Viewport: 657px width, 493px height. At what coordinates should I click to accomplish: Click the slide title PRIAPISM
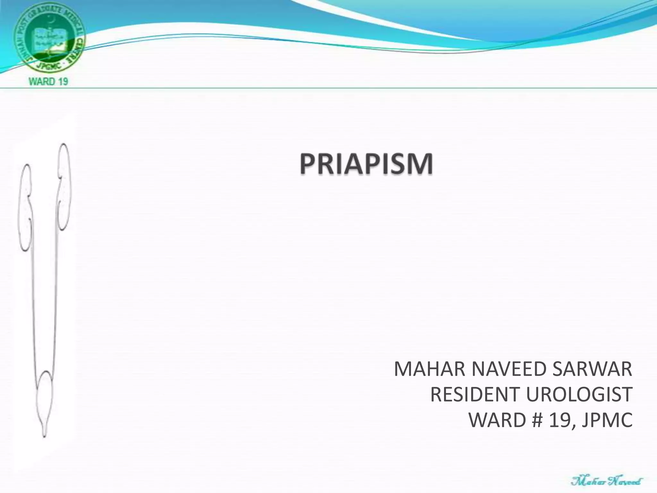point(366,164)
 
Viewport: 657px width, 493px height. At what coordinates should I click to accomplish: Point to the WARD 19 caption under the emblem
point(48,82)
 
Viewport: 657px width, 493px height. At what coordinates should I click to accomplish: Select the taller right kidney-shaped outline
point(64,186)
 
